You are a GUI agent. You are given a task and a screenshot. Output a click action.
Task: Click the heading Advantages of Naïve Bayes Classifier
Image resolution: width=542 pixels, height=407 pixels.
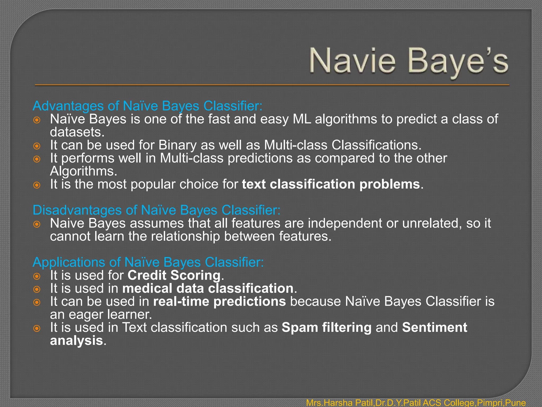click(147, 106)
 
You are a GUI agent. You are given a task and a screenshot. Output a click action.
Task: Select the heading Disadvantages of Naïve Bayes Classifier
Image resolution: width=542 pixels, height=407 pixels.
click(156, 210)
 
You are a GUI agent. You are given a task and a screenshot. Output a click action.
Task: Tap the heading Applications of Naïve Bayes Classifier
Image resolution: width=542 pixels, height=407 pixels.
click(148, 262)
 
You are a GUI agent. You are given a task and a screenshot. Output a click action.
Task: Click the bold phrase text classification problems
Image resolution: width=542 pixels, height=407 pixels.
click(331, 184)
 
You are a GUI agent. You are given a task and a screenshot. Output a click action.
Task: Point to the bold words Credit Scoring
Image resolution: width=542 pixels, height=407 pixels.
click(174, 275)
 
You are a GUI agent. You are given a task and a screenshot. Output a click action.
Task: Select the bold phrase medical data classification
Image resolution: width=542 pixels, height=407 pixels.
click(208, 288)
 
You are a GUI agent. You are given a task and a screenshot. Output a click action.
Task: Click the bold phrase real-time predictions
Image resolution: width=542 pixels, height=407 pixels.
click(219, 302)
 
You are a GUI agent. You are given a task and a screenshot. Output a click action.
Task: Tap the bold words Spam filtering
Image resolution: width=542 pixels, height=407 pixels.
click(327, 328)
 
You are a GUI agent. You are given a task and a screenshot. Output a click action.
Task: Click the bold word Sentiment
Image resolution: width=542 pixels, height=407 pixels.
click(435, 328)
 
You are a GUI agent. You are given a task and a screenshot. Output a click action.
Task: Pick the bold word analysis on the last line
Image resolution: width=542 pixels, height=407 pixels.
click(76, 340)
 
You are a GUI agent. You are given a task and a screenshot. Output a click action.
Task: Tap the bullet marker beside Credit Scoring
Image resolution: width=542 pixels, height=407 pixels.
click(37, 276)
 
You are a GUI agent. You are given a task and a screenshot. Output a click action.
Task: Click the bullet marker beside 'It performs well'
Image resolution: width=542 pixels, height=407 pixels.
click(37, 159)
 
